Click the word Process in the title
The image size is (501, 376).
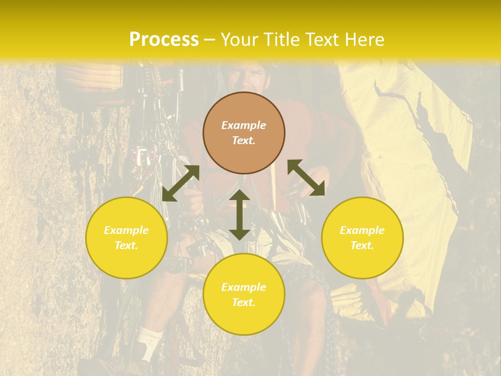click(x=164, y=40)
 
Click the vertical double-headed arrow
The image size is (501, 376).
click(x=240, y=215)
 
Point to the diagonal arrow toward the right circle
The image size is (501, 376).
click(x=306, y=178)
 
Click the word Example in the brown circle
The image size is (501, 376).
click(x=244, y=125)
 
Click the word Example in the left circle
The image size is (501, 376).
click(x=126, y=230)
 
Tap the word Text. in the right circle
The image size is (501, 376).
click(x=362, y=245)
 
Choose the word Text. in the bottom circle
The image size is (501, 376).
click(x=244, y=302)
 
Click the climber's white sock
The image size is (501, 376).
click(x=150, y=339)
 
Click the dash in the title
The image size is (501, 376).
click(x=210, y=40)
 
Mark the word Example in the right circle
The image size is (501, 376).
click(x=362, y=230)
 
